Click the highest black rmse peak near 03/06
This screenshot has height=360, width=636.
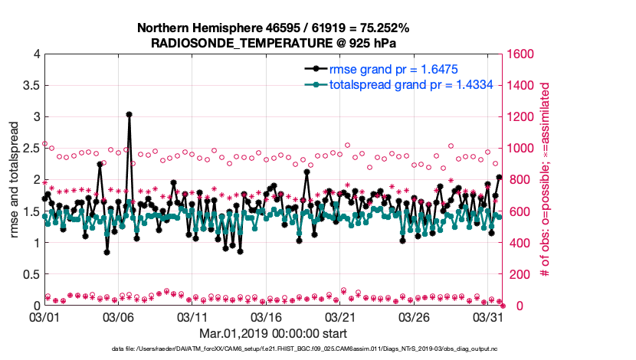click(x=129, y=114)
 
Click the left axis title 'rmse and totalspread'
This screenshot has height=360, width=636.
click(x=15, y=180)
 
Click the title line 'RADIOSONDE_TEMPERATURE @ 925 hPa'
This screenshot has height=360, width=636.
click(x=273, y=43)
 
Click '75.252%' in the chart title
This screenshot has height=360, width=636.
click(x=382, y=28)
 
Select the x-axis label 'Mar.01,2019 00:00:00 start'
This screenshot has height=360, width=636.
click(x=273, y=334)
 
